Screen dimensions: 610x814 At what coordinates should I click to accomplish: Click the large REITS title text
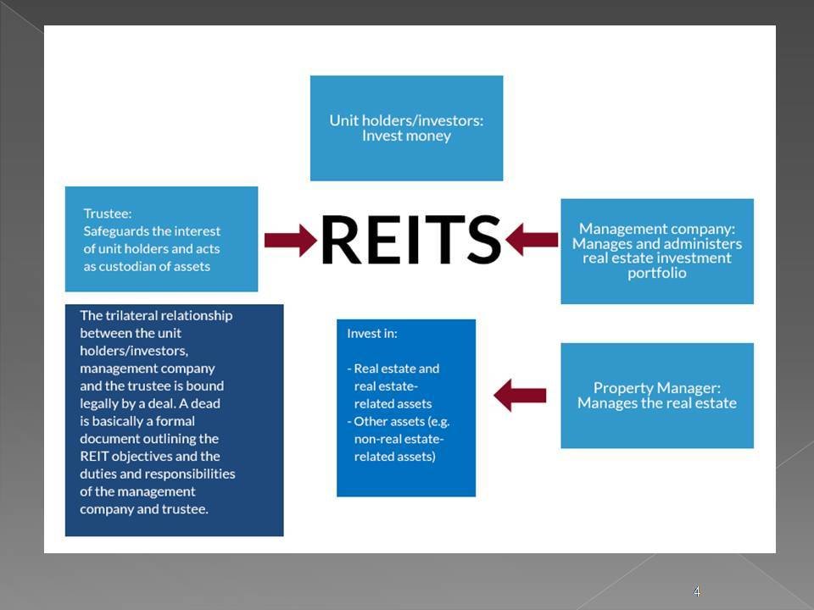click(x=411, y=239)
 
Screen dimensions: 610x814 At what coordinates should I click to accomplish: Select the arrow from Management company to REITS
click(x=532, y=240)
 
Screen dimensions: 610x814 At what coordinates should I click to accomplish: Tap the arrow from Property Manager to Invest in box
click(x=520, y=395)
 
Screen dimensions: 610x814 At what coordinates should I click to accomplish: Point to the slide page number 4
click(x=697, y=591)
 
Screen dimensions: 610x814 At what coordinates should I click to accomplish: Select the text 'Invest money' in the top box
click(x=406, y=136)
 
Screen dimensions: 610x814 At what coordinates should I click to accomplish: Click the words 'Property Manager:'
click(x=657, y=387)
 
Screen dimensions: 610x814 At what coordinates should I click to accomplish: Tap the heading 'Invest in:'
click(x=372, y=333)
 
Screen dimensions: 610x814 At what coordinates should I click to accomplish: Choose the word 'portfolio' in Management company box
click(x=657, y=273)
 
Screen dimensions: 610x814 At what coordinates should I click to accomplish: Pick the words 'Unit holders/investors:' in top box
click(x=406, y=120)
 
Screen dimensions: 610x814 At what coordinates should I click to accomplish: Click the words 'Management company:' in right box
click(x=657, y=229)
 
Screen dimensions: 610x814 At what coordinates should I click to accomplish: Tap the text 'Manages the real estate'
click(x=657, y=403)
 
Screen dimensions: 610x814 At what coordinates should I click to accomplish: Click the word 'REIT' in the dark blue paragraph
click(x=95, y=456)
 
